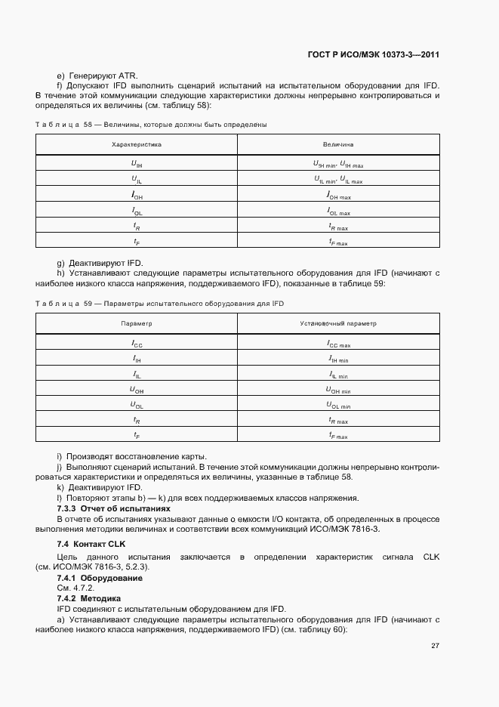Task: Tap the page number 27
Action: (435, 645)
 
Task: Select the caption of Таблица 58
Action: (151, 124)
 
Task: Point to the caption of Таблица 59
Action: (159, 303)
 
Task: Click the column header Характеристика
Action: (137, 144)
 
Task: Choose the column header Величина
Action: (337, 144)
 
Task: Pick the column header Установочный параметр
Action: (337, 323)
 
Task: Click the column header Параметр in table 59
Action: (137, 323)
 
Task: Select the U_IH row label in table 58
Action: (137, 162)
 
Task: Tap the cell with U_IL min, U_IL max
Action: (337, 180)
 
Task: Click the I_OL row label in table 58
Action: (137, 212)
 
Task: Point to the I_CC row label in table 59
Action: (137, 342)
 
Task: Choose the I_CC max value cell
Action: (337, 342)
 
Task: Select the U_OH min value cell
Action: (337, 389)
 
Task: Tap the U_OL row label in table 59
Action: (137, 404)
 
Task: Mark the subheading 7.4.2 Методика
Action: (89, 597)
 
